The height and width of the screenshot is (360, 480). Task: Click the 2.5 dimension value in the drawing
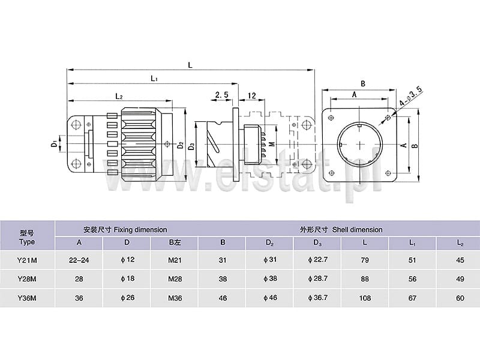coord(222,95)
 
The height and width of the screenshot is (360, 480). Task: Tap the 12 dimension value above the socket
coord(251,95)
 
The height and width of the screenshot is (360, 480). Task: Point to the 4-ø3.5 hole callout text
coord(411,96)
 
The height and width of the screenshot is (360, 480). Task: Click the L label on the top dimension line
coord(190,65)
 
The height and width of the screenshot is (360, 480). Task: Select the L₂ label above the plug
coord(119,96)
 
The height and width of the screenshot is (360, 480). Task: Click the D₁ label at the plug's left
coord(54,143)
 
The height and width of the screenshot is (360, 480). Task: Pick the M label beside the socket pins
coord(272,143)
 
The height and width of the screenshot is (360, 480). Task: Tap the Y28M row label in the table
coord(27,279)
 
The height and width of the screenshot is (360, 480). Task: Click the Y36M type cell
coord(27,298)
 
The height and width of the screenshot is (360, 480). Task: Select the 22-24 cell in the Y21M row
coord(79,260)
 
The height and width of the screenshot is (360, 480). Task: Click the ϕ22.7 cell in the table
coord(318,260)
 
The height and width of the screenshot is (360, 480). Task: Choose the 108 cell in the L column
coord(365,298)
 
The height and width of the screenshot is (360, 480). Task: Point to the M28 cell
coord(175,279)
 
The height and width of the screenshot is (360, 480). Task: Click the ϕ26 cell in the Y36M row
coord(127,298)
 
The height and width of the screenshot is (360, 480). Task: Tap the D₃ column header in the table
coord(317,243)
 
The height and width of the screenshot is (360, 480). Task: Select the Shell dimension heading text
coord(357,230)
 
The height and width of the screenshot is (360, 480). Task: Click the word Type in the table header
coord(27,242)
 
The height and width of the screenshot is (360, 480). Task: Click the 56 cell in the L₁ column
coord(412,279)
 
